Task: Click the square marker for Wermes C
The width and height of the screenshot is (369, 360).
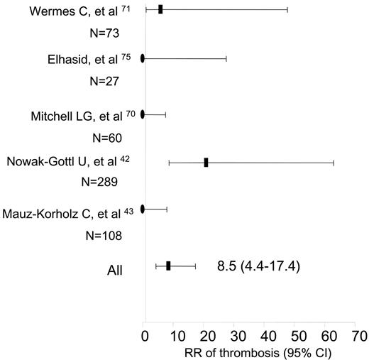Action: (160, 9)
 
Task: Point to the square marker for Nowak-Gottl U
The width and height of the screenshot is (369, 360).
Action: (206, 163)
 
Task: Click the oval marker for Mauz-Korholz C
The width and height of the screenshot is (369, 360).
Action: (143, 209)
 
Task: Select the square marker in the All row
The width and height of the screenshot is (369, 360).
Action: (168, 266)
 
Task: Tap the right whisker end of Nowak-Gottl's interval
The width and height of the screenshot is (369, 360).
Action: (334, 163)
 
